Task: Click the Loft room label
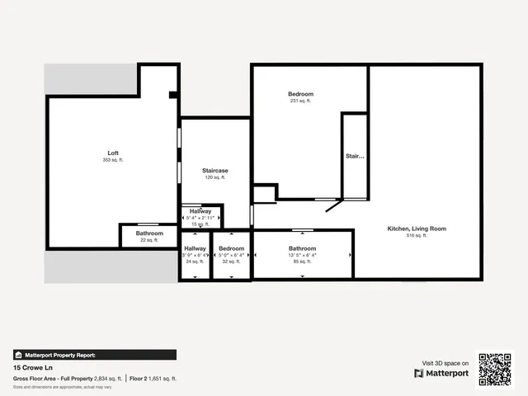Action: point(113,153)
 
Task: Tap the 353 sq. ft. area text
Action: point(113,160)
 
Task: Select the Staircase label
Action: point(214,171)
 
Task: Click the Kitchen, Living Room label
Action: point(417,229)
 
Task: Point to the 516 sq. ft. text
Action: point(417,236)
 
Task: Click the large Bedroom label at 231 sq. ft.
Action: point(300,94)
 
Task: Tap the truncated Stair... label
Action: point(354,155)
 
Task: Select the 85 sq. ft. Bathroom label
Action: point(303,248)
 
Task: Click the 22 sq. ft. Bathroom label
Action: point(149,233)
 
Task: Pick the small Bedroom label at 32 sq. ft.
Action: point(231,248)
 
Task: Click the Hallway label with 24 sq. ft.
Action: point(196,248)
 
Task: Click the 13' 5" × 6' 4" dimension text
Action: point(303,255)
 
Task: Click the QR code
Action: point(495,369)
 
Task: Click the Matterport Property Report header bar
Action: point(94,355)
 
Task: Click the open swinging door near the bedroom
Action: point(334,205)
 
